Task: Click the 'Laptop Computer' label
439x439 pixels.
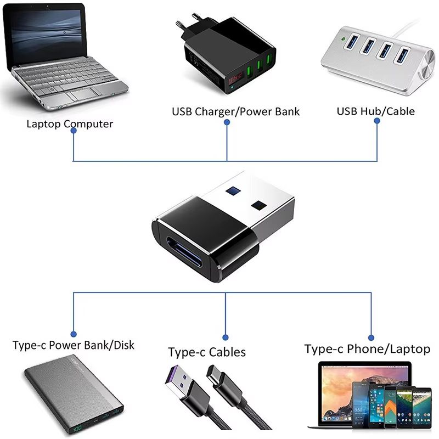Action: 70,124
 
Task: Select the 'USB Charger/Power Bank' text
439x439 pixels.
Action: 236,112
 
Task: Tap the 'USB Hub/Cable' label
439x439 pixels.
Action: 376,111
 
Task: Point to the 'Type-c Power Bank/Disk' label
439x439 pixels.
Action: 74,346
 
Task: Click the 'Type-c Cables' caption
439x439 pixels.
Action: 207,352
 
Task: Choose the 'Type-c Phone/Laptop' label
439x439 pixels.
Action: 368,349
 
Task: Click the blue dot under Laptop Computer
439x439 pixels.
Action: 74,136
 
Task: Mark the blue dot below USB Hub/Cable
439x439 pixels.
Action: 378,122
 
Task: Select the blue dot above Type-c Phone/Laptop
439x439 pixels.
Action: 371,337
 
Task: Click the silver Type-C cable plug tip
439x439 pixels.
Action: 212,373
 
